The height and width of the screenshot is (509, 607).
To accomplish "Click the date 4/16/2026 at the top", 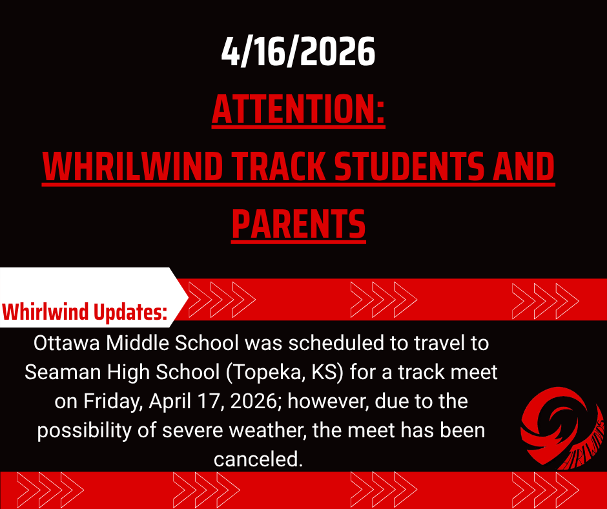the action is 298,52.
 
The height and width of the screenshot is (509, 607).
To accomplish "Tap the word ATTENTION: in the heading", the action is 298,109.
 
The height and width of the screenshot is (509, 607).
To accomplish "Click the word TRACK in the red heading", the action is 279,167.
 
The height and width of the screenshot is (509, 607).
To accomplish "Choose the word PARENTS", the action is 298,224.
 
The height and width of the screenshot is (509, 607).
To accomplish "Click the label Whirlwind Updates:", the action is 85,312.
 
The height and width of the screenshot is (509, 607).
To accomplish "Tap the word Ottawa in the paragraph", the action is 67,343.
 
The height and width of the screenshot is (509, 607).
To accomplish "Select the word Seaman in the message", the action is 63,372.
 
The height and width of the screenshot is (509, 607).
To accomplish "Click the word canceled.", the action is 258,459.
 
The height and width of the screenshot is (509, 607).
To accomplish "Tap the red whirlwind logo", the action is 562,427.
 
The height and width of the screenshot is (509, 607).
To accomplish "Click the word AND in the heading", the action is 524,167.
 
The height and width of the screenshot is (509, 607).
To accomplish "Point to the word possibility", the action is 84,431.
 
